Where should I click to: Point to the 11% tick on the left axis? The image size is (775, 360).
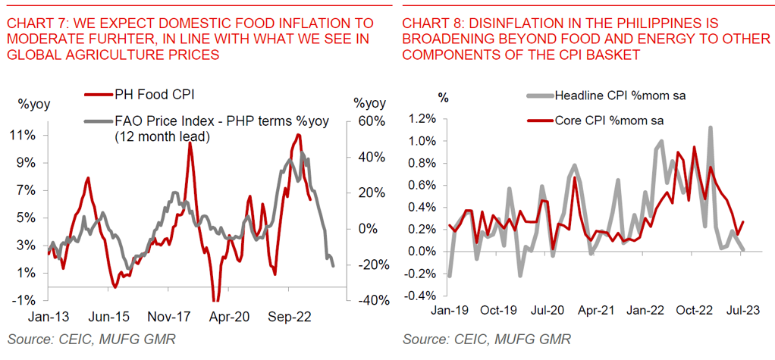coord(22,135)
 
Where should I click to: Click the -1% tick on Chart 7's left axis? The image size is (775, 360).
coord(24,300)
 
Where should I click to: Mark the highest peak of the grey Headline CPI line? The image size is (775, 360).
coord(711,127)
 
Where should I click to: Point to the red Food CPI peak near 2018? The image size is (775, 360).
coord(190,143)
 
